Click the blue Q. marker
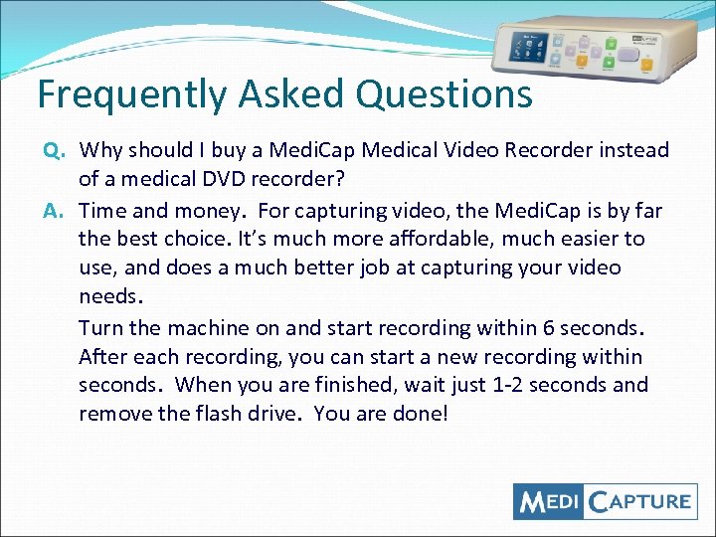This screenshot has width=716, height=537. click(54, 151)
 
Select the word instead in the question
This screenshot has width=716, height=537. click(632, 151)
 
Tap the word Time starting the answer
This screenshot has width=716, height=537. click(102, 210)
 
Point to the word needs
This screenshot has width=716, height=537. click(111, 297)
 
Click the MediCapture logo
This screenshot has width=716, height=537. click(605, 501)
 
